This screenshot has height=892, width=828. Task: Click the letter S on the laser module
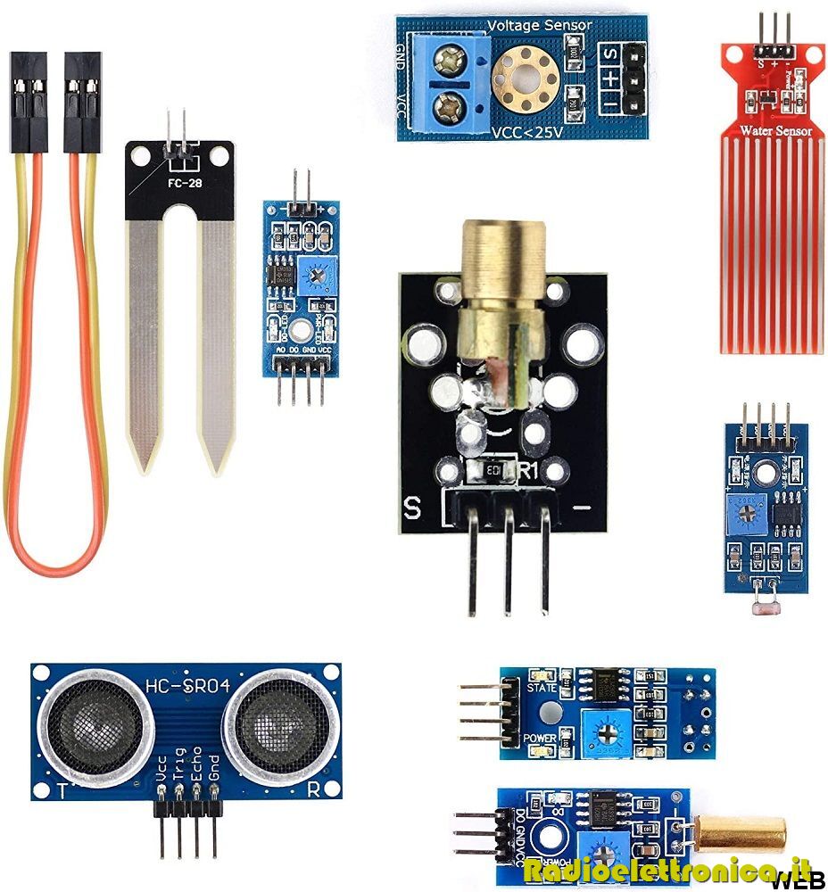tap(412, 508)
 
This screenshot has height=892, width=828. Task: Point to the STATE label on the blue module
tap(542, 690)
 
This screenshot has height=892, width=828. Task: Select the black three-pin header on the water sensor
tap(774, 53)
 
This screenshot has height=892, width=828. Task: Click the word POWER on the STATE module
tap(541, 739)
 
